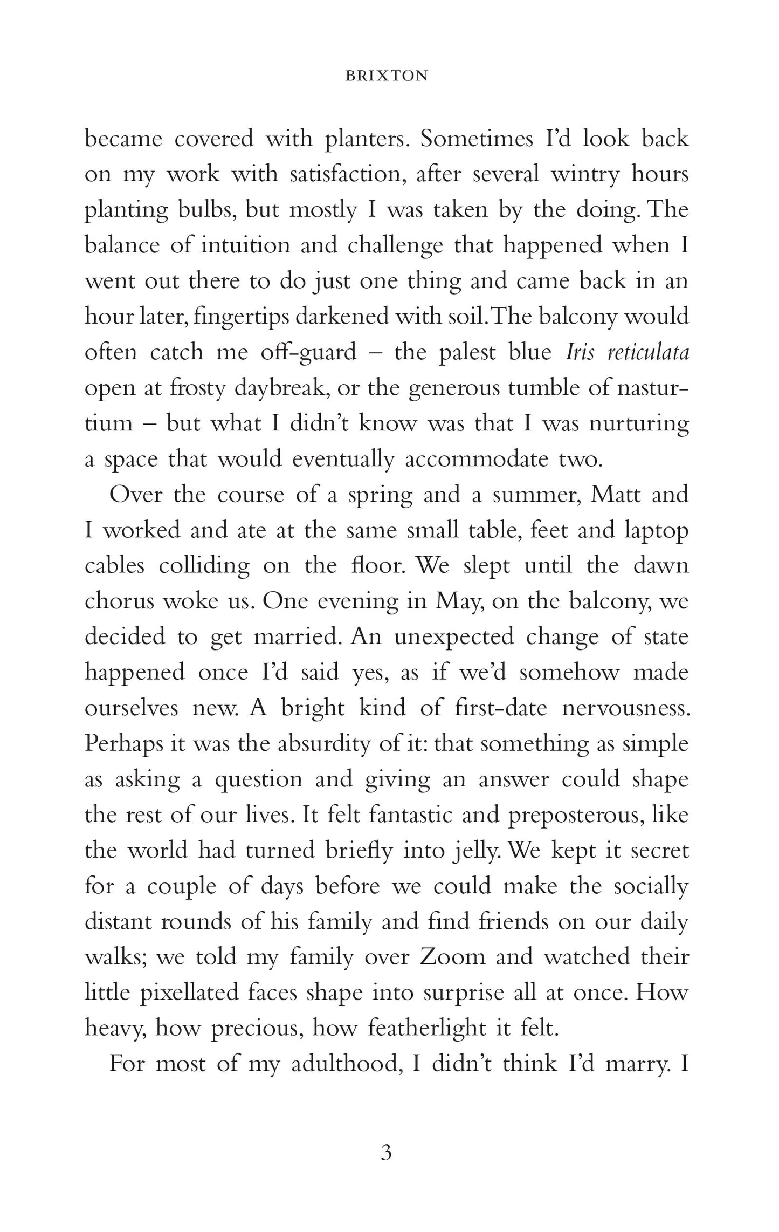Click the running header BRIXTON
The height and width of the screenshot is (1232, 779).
[387, 77]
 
